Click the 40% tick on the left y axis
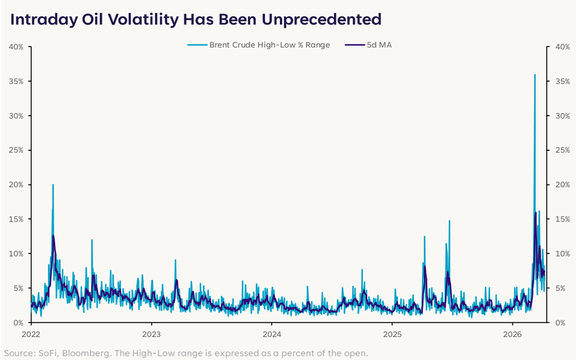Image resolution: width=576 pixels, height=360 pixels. click(16, 47)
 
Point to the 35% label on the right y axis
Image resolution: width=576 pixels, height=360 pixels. click(562, 82)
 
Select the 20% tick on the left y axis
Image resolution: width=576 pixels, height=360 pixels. click(16, 185)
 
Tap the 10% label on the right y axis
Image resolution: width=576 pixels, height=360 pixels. click(562, 254)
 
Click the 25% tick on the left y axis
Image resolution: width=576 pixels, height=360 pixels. click(16, 150)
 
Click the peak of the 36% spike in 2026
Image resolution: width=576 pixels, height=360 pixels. click(535, 75)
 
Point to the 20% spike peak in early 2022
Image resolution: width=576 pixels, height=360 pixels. click(53, 184)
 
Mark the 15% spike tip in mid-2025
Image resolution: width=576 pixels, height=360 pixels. click(449, 221)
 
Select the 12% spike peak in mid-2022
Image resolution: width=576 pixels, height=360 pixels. click(91, 240)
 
